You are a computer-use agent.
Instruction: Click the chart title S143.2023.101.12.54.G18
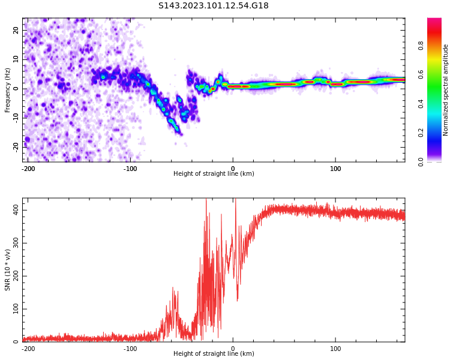pyautogui.click(x=214, y=6)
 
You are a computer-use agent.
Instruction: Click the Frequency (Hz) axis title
pyautogui.click(x=8, y=90)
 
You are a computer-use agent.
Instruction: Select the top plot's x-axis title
pyautogui.click(x=214, y=173)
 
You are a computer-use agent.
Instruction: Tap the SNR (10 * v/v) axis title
pyautogui.click(x=8, y=270)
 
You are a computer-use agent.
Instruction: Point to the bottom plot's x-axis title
pyautogui.click(x=214, y=353)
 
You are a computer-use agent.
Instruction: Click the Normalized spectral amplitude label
pyautogui.click(x=446, y=90)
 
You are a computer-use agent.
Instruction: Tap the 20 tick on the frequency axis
pyautogui.click(x=16, y=30)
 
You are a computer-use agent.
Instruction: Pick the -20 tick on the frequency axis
pyautogui.click(x=14, y=146)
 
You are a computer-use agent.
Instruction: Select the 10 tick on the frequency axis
pyautogui.click(x=16, y=59)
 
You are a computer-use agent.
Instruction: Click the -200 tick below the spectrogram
pyautogui.click(x=28, y=169)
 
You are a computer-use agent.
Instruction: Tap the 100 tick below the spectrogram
pyautogui.click(x=335, y=169)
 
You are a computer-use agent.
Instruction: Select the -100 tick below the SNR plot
pyautogui.click(x=130, y=349)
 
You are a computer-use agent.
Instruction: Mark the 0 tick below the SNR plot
pyautogui.click(x=233, y=349)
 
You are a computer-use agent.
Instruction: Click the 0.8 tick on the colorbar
pyautogui.click(x=421, y=44)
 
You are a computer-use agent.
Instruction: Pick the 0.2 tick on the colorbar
pyautogui.click(x=421, y=132)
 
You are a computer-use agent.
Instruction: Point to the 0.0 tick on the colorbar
pyautogui.click(x=421, y=161)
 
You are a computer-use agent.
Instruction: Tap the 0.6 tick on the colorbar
pyautogui.click(x=421, y=74)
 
